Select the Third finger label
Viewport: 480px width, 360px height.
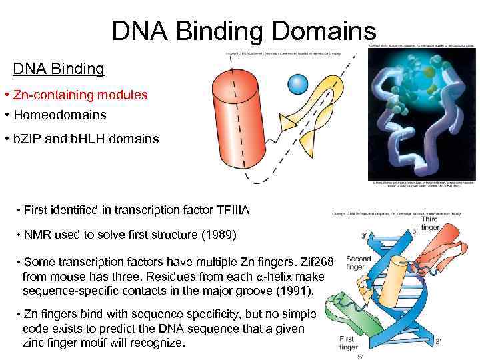[x=430, y=223]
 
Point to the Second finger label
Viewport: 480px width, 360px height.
[x=358, y=264]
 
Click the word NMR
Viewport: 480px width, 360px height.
[x=36, y=235]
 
